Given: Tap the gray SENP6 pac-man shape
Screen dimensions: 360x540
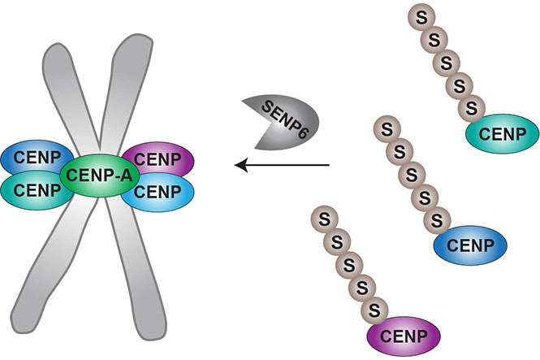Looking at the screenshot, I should tap(281, 121).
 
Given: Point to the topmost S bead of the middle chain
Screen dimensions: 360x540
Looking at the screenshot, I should tap(387, 128).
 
